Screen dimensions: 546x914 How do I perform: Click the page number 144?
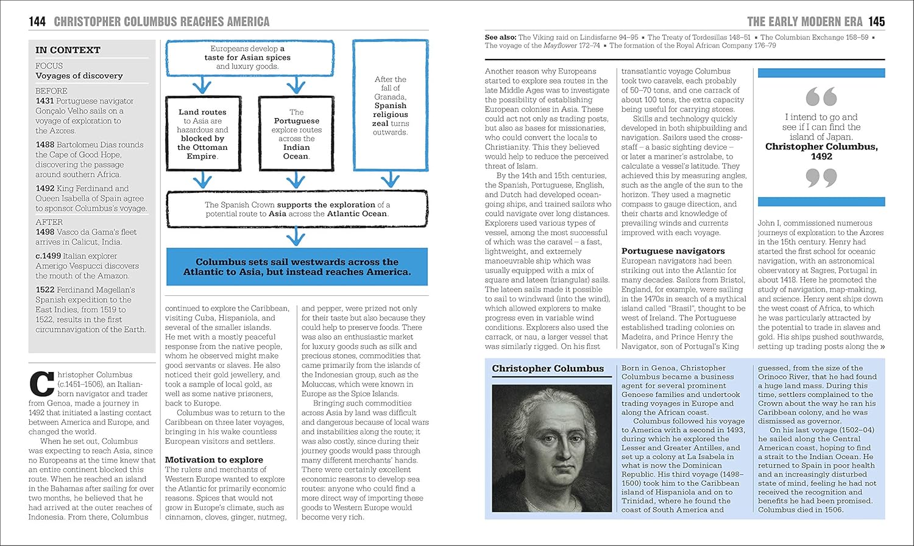[x=37, y=22]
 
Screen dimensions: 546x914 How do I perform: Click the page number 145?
[x=876, y=22]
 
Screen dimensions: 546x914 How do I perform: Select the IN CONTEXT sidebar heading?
[x=68, y=50]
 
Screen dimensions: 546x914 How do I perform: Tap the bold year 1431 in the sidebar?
[x=44, y=101]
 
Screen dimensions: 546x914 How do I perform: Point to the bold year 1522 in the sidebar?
[x=44, y=290]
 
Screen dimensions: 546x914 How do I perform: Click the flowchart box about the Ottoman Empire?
[x=202, y=134]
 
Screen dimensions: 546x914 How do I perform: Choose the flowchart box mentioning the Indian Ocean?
[x=296, y=134]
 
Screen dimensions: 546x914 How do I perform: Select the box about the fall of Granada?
[x=390, y=106]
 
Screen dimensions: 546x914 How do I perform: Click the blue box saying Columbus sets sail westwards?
[x=297, y=267]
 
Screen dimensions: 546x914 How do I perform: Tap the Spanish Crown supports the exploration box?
[x=297, y=209]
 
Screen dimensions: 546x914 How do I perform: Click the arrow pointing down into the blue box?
[x=296, y=236]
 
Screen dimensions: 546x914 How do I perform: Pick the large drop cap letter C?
[x=41, y=383]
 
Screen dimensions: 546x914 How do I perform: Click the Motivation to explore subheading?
[x=214, y=460]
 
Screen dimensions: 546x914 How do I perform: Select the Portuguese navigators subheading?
[x=673, y=251]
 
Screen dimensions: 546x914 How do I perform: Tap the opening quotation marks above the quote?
[x=821, y=97]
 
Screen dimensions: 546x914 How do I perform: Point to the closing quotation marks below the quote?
[x=821, y=178]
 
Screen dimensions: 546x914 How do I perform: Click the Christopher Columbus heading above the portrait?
[x=548, y=368]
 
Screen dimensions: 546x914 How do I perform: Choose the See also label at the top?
[x=500, y=37]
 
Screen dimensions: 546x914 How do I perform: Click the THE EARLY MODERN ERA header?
[x=804, y=22]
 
